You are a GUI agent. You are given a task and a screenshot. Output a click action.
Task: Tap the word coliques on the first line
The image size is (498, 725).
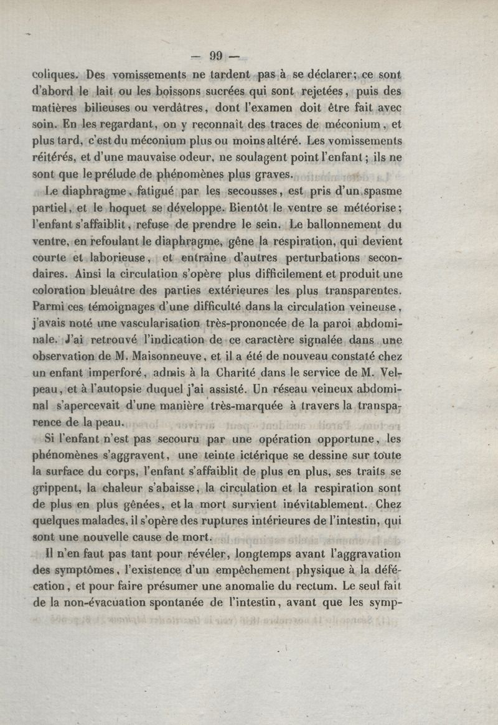click(x=55, y=75)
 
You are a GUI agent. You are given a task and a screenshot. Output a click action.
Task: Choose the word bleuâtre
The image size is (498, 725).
click(x=144, y=289)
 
